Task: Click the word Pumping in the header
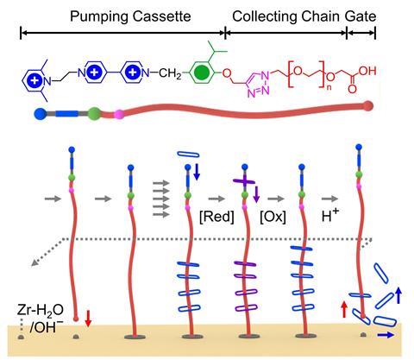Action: (99, 17)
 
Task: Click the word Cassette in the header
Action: (162, 16)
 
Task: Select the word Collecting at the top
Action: (265, 17)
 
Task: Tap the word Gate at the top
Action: (361, 16)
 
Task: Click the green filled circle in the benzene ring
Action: (202, 73)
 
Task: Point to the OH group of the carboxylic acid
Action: (367, 71)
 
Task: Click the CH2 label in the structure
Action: (170, 73)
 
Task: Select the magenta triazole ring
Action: (258, 83)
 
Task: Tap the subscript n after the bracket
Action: (329, 87)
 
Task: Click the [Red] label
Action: (216, 217)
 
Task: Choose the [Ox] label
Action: (273, 217)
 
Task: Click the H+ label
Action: (330, 215)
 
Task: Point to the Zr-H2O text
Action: (41, 310)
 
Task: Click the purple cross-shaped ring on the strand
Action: (244, 181)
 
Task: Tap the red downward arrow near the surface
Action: (88, 319)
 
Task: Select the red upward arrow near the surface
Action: (344, 309)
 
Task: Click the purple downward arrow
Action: (256, 194)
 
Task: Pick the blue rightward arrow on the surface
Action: (386, 334)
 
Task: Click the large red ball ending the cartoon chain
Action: (367, 106)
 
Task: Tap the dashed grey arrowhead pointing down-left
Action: (34, 262)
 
